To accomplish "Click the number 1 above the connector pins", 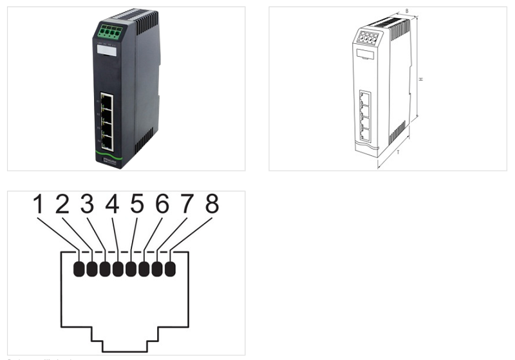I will [x=38, y=205].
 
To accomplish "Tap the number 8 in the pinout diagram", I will [x=212, y=205].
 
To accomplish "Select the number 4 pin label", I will [x=112, y=205].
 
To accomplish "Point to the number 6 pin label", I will [x=162, y=205].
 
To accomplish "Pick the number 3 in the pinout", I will [x=88, y=205].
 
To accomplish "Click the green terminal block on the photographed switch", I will [x=109, y=31].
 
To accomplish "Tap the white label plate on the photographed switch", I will [x=108, y=51].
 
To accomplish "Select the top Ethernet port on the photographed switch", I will [x=108, y=102].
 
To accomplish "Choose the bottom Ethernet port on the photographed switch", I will [x=108, y=143].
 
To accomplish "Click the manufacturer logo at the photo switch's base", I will [x=108, y=161].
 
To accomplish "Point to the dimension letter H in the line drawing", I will [x=420, y=79].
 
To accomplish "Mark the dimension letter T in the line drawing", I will [x=398, y=153].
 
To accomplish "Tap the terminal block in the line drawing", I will [x=368, y=37].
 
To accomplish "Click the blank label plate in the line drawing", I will [x=366, y=56].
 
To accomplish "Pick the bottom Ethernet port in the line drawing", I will [x=365, y=134].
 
